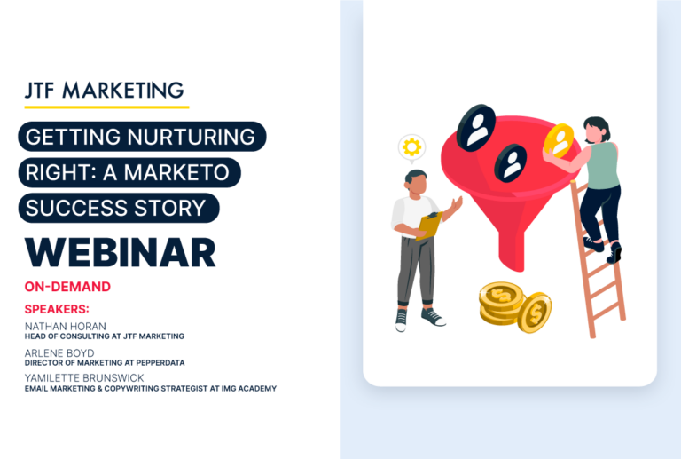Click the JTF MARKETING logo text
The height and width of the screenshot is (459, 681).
pyautogui.click(x=105, y=91)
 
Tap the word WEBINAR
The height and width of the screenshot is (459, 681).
pyautogui.click(x=121, y=252)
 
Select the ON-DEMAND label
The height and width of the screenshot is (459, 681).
pyautogui.click(x=67, y=287)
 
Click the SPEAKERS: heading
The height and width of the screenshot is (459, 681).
pyautogui.click(x=57, y=309)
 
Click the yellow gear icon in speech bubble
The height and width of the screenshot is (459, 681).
pyautogui.click(x=411, y=146)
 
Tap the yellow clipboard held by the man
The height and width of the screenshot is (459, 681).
pyautogui.click(x=430, y=225)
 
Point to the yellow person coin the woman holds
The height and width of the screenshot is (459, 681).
pyautogui.click(x=559, y=140)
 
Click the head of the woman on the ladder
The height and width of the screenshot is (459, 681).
pyautogui.click(x=596, y=130)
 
